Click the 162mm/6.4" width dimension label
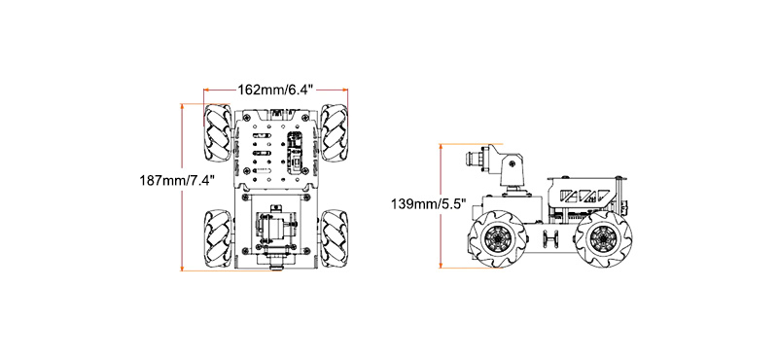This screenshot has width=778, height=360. [x=275, y=90]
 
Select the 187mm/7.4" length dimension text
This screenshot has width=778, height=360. [x=177, y=180]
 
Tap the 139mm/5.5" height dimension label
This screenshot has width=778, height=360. [x=429, y=203]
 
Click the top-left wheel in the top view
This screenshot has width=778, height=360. [x=217, y=132]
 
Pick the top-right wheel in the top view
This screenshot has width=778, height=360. [x=334, y=132]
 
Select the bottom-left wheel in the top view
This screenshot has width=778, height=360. [x=217, y=238]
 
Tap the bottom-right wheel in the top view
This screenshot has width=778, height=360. [x=334, y=238]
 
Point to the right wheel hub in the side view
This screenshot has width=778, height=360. [x=602, y=239]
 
